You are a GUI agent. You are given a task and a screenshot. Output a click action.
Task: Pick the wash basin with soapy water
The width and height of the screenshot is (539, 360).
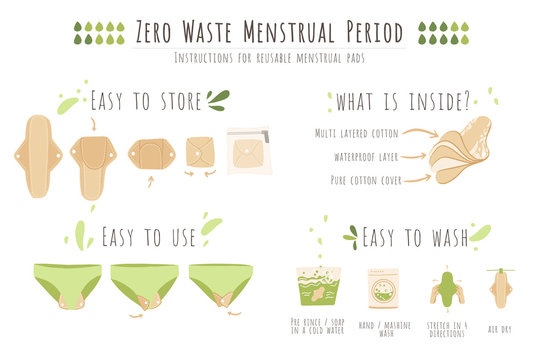[318, 287]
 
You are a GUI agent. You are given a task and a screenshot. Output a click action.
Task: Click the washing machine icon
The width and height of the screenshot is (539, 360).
[383, 288]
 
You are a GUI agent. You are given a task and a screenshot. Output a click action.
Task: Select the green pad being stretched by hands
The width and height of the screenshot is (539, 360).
[446, 288]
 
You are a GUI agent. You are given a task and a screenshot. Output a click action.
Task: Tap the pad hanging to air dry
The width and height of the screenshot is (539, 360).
[501, 288]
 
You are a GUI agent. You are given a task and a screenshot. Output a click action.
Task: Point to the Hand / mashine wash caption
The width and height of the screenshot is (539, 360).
[383, 327]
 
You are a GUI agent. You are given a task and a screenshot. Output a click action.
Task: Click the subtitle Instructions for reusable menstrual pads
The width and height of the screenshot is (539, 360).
[269, 58]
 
